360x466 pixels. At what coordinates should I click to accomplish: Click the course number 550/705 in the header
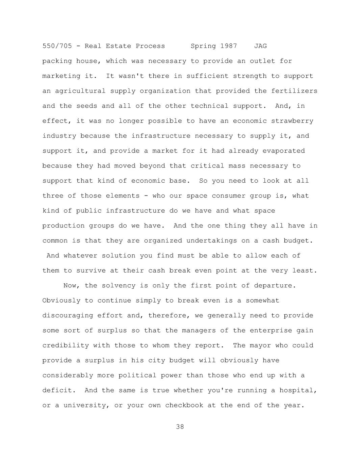57,46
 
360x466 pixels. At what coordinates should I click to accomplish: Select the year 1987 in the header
229,46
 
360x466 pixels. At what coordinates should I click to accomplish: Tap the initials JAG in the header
260,46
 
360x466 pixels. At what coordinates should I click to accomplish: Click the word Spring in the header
203,46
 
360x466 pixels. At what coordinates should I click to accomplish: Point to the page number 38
180,427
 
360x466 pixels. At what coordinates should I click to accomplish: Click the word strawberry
292,121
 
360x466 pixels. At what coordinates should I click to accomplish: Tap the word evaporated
284,151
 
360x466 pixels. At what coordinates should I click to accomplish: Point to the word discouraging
68,315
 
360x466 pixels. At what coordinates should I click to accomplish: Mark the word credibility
66,345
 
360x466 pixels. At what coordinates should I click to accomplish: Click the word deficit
57,390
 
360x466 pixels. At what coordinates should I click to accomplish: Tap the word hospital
300,390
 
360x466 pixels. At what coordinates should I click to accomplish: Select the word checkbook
184,405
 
